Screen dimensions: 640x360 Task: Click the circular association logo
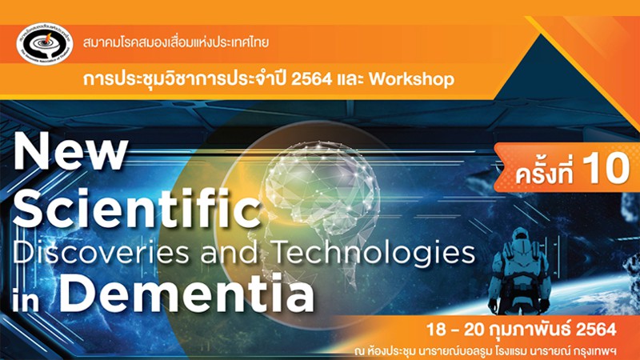pyautogui.click(x=45, y=44)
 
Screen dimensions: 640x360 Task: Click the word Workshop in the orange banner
pyautogui.click(x=411, y=78)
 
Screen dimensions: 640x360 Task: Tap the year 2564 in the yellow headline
pyautogui.click(x=311, y=78)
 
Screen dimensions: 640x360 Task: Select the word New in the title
pyautogui.click(x=70, y=154)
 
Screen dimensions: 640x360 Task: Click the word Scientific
pyautogui.click(x=137, y=208)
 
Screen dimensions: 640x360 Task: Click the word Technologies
pyautogui.click(x=374, y=254)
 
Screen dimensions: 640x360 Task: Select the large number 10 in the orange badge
pyautogui.click(x=606, y=168)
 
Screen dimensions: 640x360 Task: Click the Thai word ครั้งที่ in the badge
pyautogui.click(x=544, y=170)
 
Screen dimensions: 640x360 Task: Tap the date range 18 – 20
pyautogui.click(x=455, y=330)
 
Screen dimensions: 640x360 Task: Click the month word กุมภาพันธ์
pyautogui.click(x=532, y=329)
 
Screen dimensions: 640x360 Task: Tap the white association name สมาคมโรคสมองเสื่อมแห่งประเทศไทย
pyautogui.click(x=176, y=42)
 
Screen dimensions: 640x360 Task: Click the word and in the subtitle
pyautogui.click(x=230, y=252)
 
